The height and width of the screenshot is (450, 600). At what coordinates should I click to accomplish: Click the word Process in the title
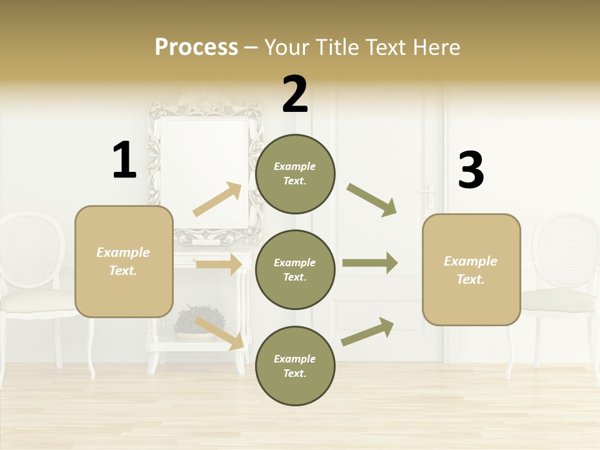click(196, 47)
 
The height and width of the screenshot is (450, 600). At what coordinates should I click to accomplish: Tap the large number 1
click(124, 160)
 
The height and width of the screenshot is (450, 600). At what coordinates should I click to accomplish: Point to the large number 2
click(295, 94)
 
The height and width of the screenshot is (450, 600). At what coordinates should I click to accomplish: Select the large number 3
click(471, 171)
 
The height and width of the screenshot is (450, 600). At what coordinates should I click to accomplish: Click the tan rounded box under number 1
click(124, 261)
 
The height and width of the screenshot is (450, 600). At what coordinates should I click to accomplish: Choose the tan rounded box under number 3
click(471, 269)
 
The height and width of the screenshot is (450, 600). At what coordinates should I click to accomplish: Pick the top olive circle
click(295, 174)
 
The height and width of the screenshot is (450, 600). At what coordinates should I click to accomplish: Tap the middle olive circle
click(295, 269)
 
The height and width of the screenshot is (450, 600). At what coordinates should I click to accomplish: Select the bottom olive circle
click(295, 366)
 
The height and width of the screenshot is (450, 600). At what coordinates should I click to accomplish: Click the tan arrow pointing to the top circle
click(217, 199)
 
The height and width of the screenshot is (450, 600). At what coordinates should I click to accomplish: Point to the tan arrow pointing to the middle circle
click(219, 264)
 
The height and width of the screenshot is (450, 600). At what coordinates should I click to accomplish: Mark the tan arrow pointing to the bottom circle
click(219, 333)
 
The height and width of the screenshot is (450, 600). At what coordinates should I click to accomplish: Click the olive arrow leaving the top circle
click(372, 200)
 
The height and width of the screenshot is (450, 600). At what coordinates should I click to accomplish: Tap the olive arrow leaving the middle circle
click(370, 263)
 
